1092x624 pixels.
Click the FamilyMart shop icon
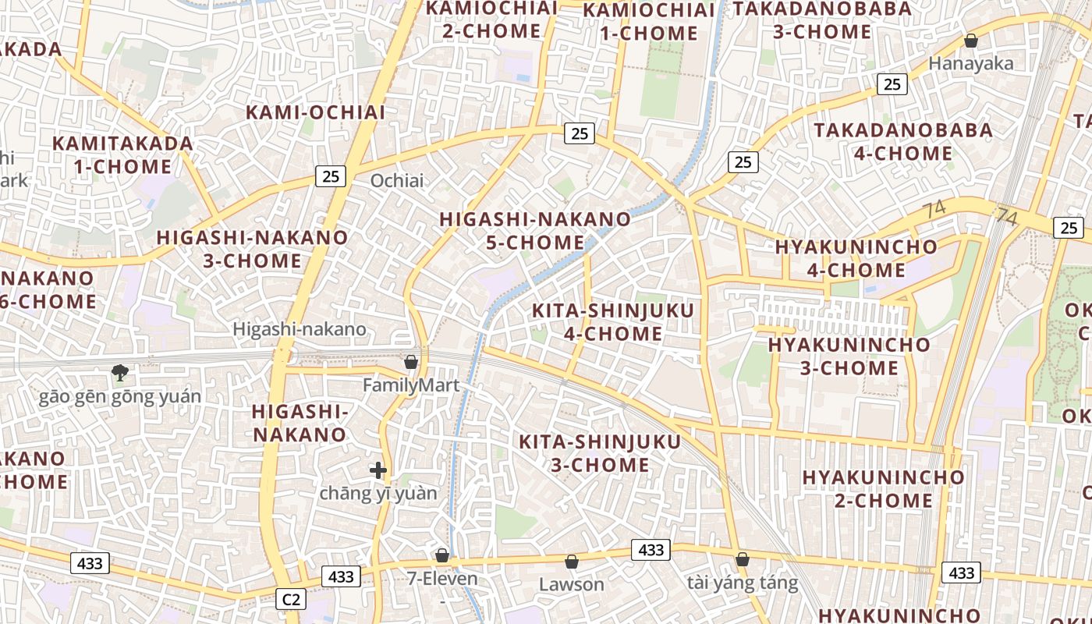(x=411, y=363)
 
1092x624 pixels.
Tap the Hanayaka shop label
(x=970, y=64)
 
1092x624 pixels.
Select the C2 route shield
(x=290, y=599)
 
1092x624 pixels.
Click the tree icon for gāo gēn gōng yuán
(x=119, y=373)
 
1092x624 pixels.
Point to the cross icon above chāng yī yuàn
(x=378, y=470)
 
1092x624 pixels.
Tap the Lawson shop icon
(x=572, y=562)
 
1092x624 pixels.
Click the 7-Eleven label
(x=441, y=579)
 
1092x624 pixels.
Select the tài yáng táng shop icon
(x=743, y=559)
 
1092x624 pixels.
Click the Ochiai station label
(x=397, y=181)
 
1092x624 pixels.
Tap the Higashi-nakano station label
(x=300, y=329)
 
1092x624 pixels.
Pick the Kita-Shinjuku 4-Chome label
(x=612, y=322)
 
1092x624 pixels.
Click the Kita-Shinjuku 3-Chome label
(x=599, y=453)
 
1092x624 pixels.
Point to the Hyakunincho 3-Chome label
(x=849, y=356)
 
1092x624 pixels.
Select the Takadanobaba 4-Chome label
(x=903, y=141)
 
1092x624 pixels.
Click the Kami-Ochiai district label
(x=315, y=112)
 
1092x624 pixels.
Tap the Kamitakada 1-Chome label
(x=122, y=154)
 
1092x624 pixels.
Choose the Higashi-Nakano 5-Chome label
(x=535, y=230)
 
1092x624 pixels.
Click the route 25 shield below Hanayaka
(x=892, y=83)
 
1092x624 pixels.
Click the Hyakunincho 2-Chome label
(x=883, y=488)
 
